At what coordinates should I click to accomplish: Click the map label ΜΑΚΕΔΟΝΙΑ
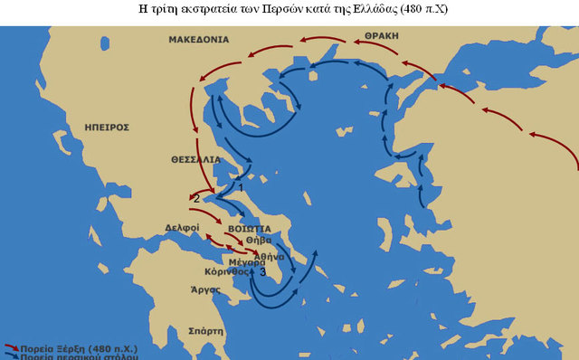tap(198, 40)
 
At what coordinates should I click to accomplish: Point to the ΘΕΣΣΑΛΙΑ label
tap(195, 158)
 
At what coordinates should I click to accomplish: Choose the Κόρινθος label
tap(226, 271)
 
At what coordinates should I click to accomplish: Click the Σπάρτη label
tap(205, 332)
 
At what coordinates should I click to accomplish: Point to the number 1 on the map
tap(240, 187)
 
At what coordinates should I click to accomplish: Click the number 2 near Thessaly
tap(197, 199)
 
